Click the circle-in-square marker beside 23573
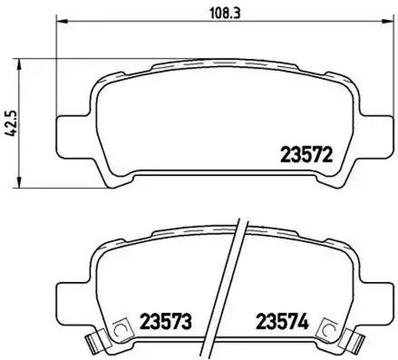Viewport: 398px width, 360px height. (121, 327)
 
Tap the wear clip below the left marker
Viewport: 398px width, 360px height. (96, 345)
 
